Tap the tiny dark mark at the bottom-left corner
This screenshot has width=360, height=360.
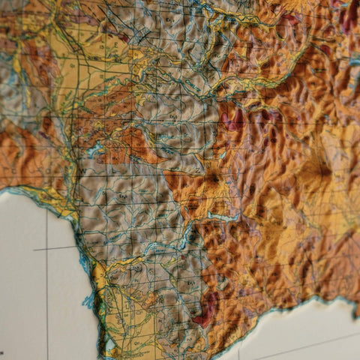tap(1, 352)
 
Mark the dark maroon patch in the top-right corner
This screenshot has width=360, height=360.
tap(349, 15)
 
